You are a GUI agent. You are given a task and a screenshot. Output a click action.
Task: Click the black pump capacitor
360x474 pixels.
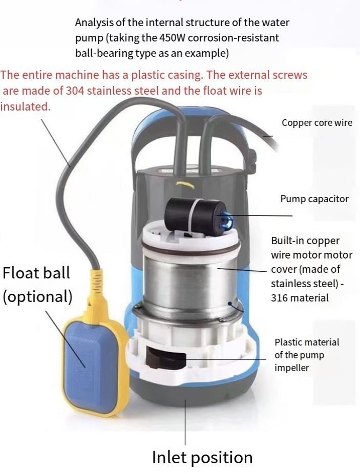(195, 214)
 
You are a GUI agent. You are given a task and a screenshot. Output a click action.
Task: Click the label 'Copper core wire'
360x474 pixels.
(317, 123)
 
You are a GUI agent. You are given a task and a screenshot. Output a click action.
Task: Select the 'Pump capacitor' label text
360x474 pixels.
(314, 199)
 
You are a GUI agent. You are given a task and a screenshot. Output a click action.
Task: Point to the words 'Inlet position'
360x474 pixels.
(202, 458)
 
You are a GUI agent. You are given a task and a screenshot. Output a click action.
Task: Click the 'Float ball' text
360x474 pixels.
(36, 273)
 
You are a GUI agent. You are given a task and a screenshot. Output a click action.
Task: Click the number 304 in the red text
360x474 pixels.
(75, 91)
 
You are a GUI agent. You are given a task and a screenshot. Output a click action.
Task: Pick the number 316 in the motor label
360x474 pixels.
(278, 298)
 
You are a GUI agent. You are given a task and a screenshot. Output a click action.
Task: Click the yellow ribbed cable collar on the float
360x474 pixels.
(96, 282)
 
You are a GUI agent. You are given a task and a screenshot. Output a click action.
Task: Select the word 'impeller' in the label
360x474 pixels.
(291, 368)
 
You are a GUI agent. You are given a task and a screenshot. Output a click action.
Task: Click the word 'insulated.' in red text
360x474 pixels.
(26, 106)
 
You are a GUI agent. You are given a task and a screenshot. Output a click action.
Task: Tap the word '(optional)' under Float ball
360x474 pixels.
(37, 297)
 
